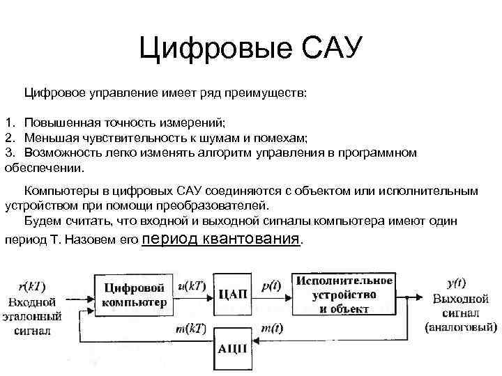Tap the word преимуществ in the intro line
click(267, 92)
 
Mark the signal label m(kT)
click(191, 328)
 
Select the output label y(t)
click(457, 283)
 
